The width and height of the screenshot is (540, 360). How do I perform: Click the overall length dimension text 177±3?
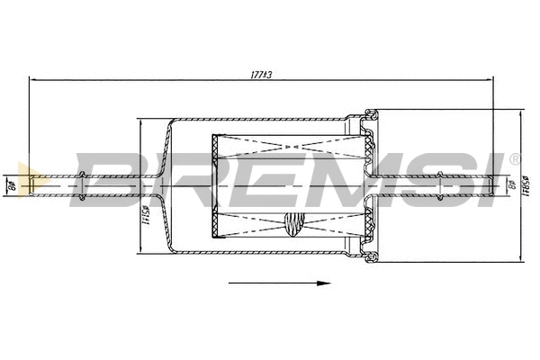point(261,74)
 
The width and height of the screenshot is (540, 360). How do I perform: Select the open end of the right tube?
point(492,186)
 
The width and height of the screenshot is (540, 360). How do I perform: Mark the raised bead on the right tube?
point(443,186)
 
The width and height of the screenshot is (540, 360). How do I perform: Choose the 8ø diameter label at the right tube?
point(511,186)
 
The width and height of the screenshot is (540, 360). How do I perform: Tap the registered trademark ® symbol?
point(515,159)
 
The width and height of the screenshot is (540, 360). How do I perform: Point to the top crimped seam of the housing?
point(369,114)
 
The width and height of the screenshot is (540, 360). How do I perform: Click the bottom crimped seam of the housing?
point(369,257)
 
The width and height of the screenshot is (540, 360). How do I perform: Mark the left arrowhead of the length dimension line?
point(34,80)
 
